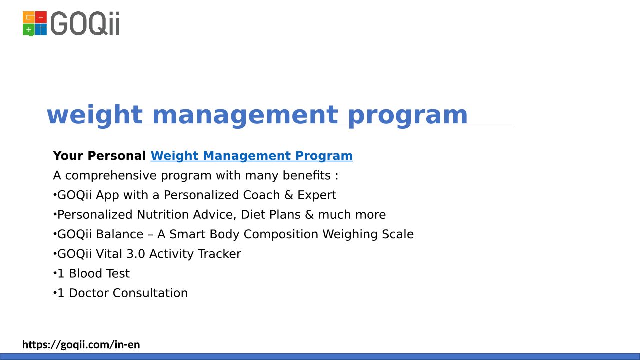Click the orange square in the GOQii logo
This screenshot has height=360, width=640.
[x=28, y=17]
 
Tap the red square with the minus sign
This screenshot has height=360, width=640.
[x=41, y=17]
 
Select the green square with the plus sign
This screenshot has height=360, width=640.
[x=28, y=30]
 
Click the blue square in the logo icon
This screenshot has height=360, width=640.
[x=41, y=29]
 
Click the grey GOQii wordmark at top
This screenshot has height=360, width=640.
[x=85, y=23]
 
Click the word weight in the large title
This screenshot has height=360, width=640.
[x=95, y=115]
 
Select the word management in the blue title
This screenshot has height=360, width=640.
[x=245, y=115]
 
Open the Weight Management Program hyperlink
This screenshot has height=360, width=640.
[x=251, y=156]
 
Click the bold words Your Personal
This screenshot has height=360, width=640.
[x=99, y=156]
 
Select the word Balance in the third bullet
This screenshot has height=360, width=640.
[x=119, y=234]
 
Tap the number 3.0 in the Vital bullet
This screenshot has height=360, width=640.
[x=136, y=254]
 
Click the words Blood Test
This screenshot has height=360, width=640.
[x=99, y=273]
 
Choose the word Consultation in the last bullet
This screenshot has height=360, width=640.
[x=150, y=293]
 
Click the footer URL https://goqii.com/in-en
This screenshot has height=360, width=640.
[x=81, y=345]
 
